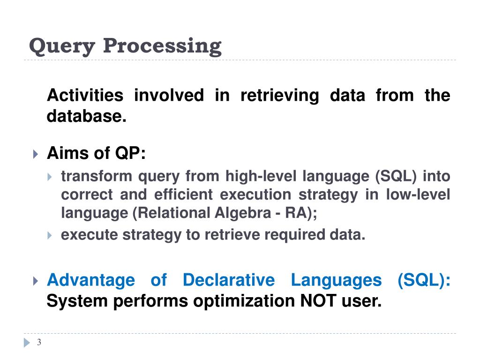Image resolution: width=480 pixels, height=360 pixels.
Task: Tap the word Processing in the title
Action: pos(162,46)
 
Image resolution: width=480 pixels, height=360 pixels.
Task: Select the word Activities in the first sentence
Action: pos(85,96)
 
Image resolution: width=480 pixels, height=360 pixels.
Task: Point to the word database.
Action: pos(87,116)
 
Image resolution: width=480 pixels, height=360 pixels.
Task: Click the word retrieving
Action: pos(279,96)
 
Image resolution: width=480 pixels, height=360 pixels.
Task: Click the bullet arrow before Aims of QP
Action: pos(36,154)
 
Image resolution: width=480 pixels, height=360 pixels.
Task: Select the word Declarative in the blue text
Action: pos(229,280)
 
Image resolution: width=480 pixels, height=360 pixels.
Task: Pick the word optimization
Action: pos(244,301)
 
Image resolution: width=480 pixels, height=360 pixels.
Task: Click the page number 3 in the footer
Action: pos(39,343)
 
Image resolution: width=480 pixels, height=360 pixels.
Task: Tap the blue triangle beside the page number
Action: pos(27,343)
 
